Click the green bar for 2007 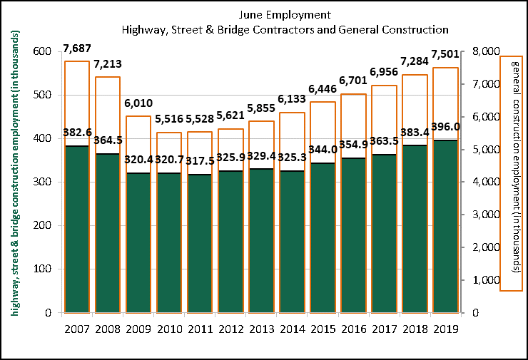tap(76, 229)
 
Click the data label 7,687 tap(77, 48)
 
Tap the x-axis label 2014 tap(292, 329)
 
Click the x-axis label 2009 tap(138, 329)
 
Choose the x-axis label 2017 tap(384, 329)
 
